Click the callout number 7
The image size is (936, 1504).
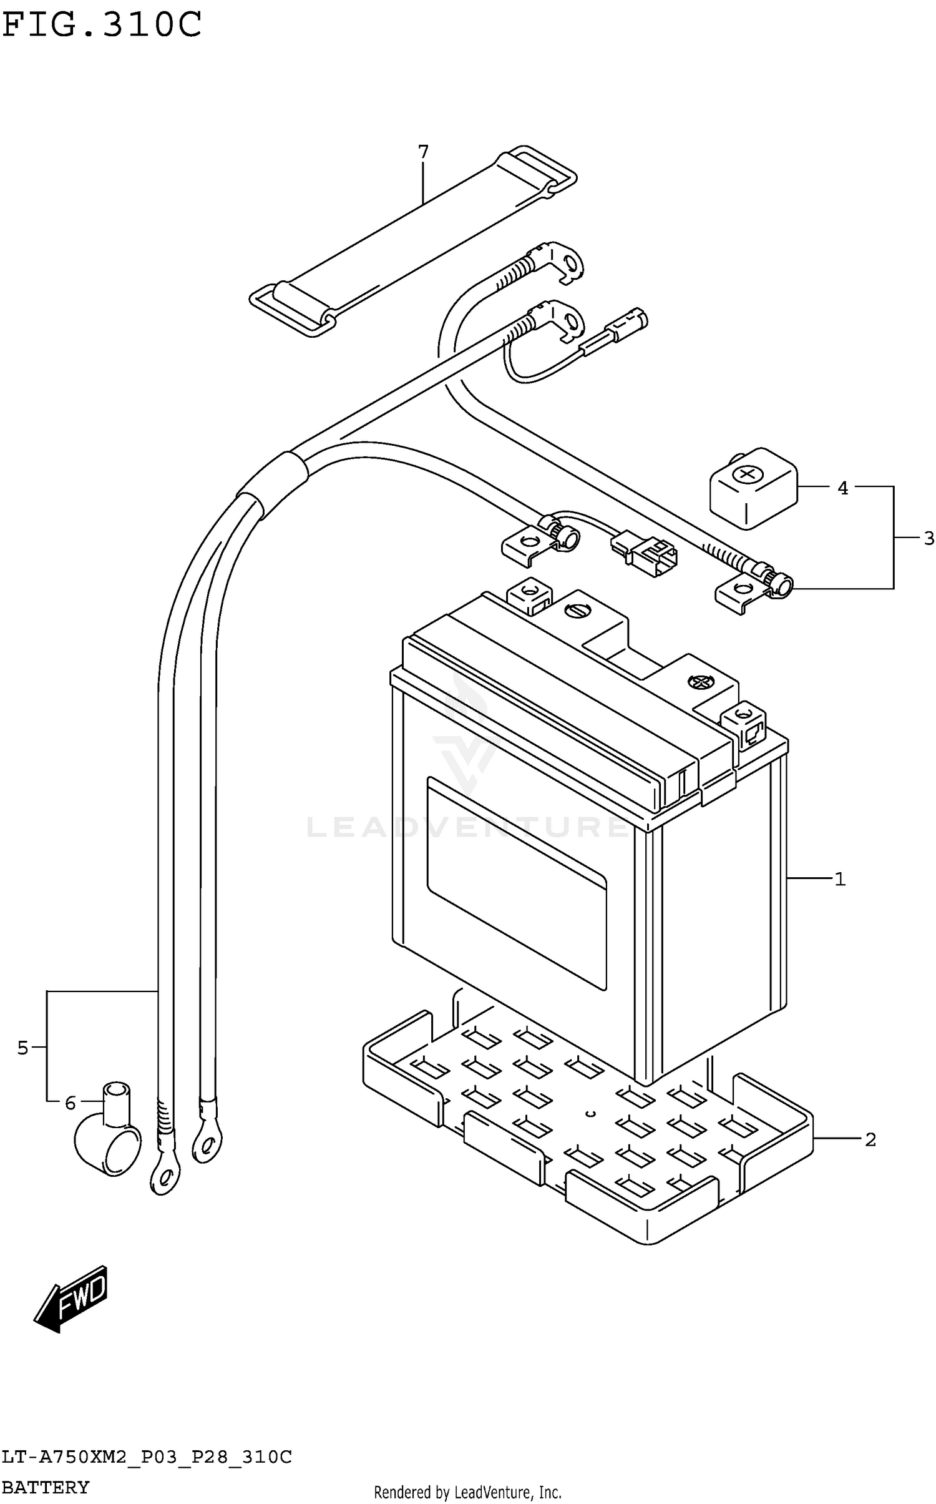pos(423,152)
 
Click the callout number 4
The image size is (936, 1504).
pos(842,488)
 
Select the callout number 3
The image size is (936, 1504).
pos(929,538)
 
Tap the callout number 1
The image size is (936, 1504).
pos(840,879)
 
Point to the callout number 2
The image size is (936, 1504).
pos(870,1140)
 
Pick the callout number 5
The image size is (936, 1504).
pos(22,1048)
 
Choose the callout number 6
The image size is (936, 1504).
pos(70,1103)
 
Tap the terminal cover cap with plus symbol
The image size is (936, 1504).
pos(753,488)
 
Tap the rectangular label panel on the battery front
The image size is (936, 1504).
pos(516,882)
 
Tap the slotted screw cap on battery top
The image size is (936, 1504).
pos(575,611)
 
